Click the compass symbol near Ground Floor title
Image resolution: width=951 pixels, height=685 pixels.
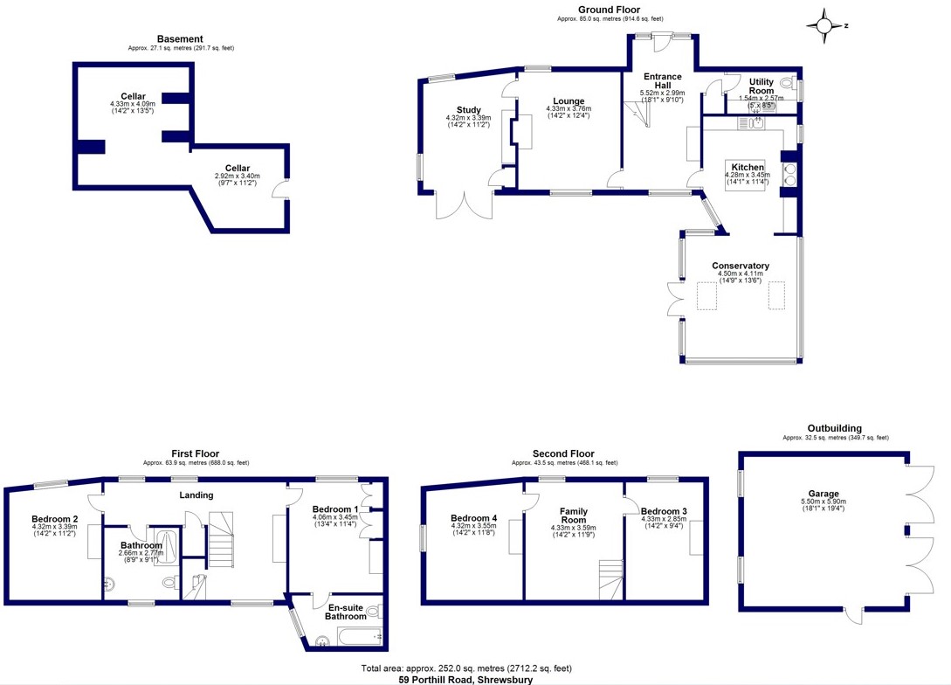[x=824, y=25]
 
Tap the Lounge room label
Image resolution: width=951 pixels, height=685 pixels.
[x=569, y=101]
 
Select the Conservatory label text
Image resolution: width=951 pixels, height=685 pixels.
[x=741, y=266]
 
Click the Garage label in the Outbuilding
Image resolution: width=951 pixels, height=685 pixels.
[x=824, y=494]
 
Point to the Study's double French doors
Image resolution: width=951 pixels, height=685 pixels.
[x=465, y=205]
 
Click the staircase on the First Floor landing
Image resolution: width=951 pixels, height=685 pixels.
[x=221, y=540]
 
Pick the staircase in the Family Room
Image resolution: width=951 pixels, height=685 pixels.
[x=611, y=579]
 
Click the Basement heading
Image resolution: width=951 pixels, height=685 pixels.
[x=180, y=38]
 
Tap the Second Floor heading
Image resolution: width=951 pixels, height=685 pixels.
[x=563, y=453]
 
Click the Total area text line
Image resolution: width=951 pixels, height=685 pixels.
[x=466, y=668]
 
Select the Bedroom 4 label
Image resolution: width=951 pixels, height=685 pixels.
[x=473, y=518]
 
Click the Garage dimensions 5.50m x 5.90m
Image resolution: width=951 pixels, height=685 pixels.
[x=824, y=502]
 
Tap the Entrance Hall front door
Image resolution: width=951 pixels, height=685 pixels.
[x=662, y=43]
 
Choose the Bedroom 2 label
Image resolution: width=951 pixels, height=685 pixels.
[x=55, y=519]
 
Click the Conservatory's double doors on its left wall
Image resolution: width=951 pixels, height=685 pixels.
[x=676, y=299]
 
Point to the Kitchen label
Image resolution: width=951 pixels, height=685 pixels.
[x=748, y=168]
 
